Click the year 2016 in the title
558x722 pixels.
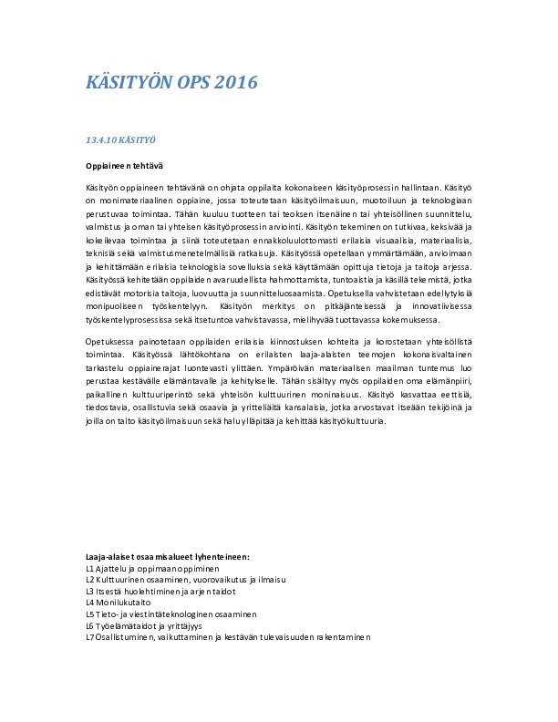236,83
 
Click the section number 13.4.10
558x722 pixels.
100,141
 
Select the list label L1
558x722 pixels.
89,567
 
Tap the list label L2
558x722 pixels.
89,579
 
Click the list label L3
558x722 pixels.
89,591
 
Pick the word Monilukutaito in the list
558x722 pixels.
125,603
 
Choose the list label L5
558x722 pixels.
89,614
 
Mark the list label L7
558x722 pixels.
89,638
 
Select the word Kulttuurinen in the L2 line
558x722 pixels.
125,579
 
